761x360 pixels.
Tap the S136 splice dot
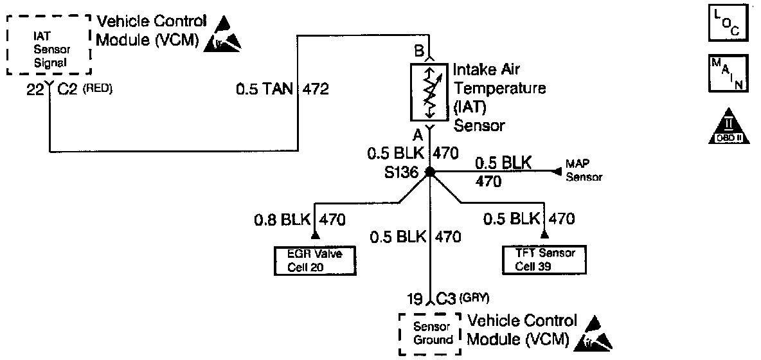[430, 172]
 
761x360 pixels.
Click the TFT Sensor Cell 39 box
[545, 260]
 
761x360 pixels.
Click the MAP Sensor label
[584, 172]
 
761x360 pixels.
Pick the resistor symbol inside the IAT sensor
[430, 91]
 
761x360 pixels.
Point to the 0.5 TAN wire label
[264, 89]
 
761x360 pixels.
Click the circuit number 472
[316, 89]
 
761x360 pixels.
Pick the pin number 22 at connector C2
[35, 89]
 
